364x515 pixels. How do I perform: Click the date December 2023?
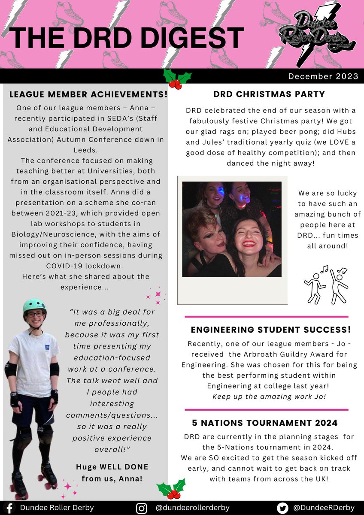pyautogui.click(x=323, y=76)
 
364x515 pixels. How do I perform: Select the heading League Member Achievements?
pyautogui.click(x=88, y=94)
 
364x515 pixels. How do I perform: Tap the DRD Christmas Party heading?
pyautogui.click(x=269, y=94)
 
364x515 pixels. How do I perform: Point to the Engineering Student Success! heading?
pyautogui.click(x=270, y=330)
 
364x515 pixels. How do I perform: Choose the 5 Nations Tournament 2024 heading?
pyautogui.click(x=265, y=423)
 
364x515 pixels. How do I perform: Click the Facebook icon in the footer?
pyautogui.click(x=9, y=507)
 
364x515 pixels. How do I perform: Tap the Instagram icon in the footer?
pyautogui.click(x=141, y=507)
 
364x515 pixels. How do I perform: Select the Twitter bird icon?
pyautogui.click(x=282, y=507)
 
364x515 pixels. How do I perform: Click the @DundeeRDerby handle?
pyautogui.click(x=324, y=507)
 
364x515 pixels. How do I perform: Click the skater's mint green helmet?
pyautogui.click(x=35, y=306)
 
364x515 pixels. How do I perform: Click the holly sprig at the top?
pyautogui.click(x=178, y=79)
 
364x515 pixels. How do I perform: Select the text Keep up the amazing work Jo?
pyautogui.click(x=269, y=396)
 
